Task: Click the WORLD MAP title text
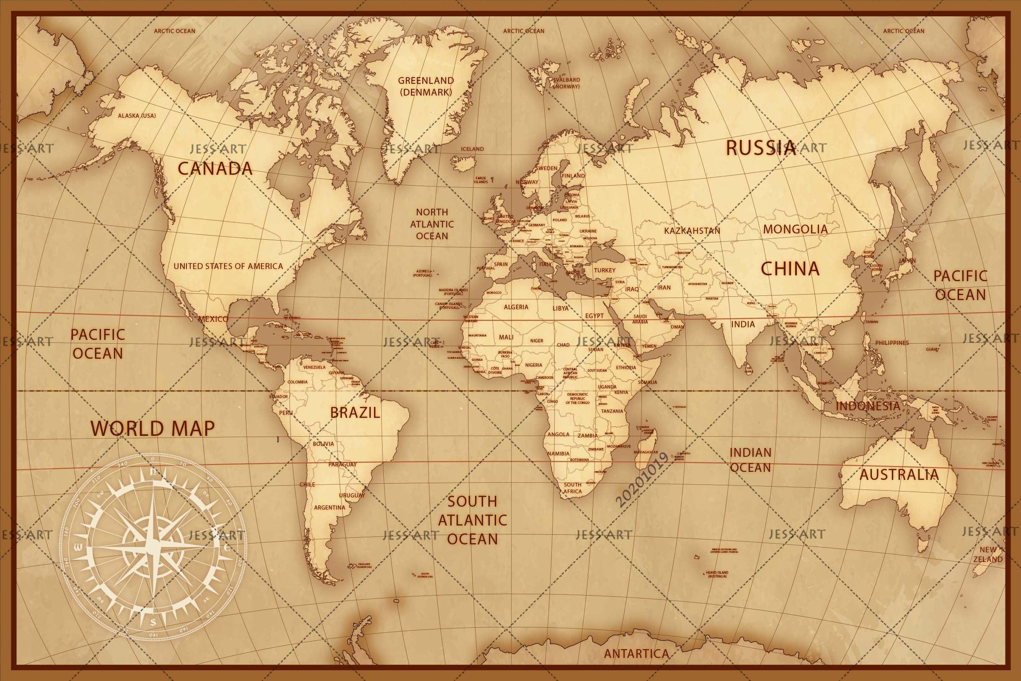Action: [x=153, y=428]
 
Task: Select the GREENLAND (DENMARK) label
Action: [x=425, y=86]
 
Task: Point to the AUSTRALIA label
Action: [x=899, y=474]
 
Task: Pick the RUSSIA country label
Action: [x=760, y=148]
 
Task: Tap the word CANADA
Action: [x=215, y=168]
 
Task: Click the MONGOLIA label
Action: [x=795, y=229]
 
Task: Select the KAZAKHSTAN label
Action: [x=692, y=230]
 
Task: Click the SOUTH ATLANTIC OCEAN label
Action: [x=472, y=520]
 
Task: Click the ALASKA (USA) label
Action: [x=137, y=116]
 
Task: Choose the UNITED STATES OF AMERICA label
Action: [x=228, y=266]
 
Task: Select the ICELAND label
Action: [x=472, y=149]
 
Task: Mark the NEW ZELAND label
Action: [x=988, y=554]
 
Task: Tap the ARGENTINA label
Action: [x=329, y=507]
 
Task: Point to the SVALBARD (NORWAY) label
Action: [x=566, y=83]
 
